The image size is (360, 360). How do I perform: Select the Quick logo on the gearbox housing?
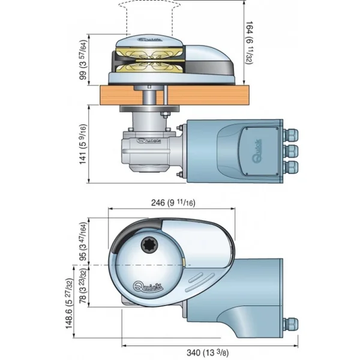pyautogui.click(x=149, y=142)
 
